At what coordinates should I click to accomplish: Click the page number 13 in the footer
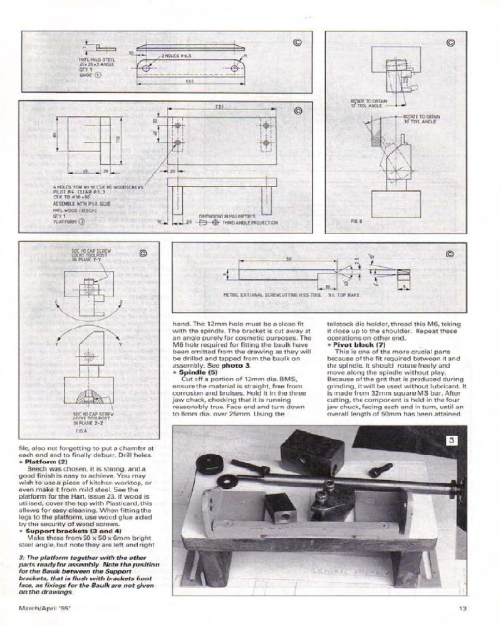462,605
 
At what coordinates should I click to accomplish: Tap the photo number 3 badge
453,441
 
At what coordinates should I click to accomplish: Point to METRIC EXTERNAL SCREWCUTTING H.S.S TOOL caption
272,294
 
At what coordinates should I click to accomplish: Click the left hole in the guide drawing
147,67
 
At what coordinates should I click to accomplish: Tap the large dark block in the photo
312,453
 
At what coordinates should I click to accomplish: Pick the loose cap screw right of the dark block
380,469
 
